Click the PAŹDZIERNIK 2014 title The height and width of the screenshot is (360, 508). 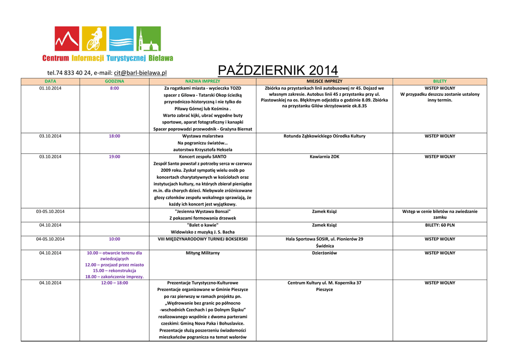tap(278, 71)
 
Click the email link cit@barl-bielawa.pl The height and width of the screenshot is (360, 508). tap(140, 73)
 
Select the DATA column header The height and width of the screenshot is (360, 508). tap(50, 81)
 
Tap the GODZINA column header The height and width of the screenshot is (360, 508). tap(115, 81)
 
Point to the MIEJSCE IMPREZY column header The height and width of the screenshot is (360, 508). tap(324, 81)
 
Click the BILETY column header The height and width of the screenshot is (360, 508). tap(440, 81)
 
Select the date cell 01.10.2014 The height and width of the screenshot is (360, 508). tap(50, 88)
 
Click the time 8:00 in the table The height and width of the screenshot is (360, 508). tap(115, 88)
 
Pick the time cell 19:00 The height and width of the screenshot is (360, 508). tap(115, 156)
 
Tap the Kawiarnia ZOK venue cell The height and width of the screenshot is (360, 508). tap(324, 156)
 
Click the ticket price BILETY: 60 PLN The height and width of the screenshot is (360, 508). tap(440, 225)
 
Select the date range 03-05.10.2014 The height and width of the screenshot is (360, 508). tap(50, 212)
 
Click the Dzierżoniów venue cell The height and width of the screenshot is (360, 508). tap(324, 253)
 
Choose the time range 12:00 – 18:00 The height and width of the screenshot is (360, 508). tap(115, 283)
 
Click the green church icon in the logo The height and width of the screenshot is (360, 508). tap(148, 39)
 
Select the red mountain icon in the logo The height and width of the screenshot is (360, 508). tap(67, 39)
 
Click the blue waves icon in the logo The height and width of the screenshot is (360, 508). tap(121, 39)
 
